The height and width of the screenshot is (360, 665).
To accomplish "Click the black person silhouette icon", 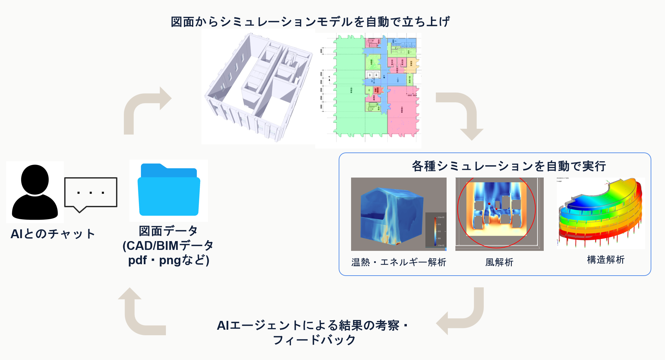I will click(x=35, y=192).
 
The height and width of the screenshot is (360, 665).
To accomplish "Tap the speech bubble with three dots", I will click(x=91, y=193).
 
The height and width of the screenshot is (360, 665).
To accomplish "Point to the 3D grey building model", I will click(x=258, y=88).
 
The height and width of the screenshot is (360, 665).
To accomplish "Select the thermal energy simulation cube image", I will click(x=398, y=214).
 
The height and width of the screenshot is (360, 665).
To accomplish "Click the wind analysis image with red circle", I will click(x=499, y=214).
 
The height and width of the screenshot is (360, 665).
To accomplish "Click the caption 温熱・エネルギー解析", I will click(x=398, y=262).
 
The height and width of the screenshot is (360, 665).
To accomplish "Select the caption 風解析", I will click(x=499, y=262).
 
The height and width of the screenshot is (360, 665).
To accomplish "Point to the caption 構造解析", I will click(x=606, y=260).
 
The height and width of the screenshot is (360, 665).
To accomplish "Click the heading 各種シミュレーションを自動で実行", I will click(x=509, y=166).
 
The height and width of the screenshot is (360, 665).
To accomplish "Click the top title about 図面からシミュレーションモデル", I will click(x=310, y=22).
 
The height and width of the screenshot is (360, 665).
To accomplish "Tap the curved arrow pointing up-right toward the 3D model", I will click(x=143, y=108).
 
